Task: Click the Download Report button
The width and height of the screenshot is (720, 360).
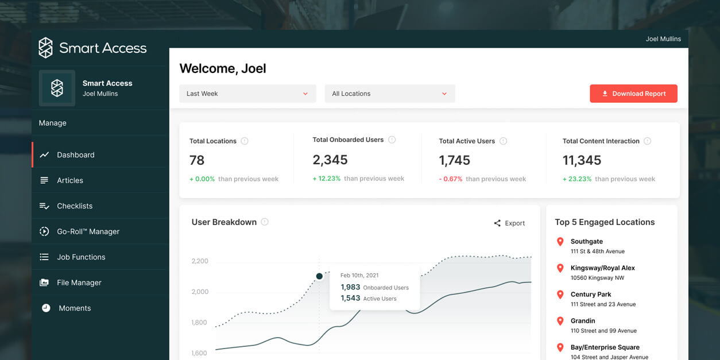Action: pyautogui.click(x=633, y=94)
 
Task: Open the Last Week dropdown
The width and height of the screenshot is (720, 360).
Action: pyautogui.click(x=247, y=94)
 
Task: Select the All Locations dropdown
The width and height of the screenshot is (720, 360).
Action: pyautogui.click(x=390, y=94)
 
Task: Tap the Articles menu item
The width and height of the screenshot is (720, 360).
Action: pyautogui.click(x=69, y=180)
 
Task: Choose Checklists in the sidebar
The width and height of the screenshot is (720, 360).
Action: pyautogui.click(x=75, y=206)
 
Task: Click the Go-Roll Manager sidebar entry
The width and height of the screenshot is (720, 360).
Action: pyautogui.click(x=88, y=231)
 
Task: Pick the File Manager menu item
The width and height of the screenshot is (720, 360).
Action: pyautogui.click(x=79, y=282)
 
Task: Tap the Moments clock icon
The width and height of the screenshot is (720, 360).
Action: pyautogui.click(x=46, y=308)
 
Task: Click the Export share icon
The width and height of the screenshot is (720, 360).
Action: pyautogui.click(x=497, y=223)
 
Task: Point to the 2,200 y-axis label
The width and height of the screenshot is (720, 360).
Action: pyautogui.click(x=200, y=261)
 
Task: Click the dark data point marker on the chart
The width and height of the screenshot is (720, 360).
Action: pyautogui.click(x=319, y=276)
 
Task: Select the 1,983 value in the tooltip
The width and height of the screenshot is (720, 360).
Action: pyautogui.click(x=350, y=287)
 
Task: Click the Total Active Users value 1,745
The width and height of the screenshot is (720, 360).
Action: pyautogui.click(x=455, y=160)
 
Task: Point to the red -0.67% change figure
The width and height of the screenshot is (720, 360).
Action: pyautogui.click(x=451, y=179)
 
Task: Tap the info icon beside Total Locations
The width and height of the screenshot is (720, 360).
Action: pyautogui.click(x=245, y=141)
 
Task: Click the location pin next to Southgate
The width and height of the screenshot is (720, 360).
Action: pyautogui.click(x=560, y=242)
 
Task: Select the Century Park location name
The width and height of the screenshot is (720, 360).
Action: pyautogui.click(x=591, y=295)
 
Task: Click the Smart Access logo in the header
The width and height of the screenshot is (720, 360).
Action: pyautogui.click(x=92, y=48)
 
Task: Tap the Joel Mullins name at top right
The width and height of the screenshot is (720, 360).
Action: pyautogui.click(x=663, y=39)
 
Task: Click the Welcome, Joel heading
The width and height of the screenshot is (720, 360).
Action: pyautogui.click(x=223, y=68)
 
